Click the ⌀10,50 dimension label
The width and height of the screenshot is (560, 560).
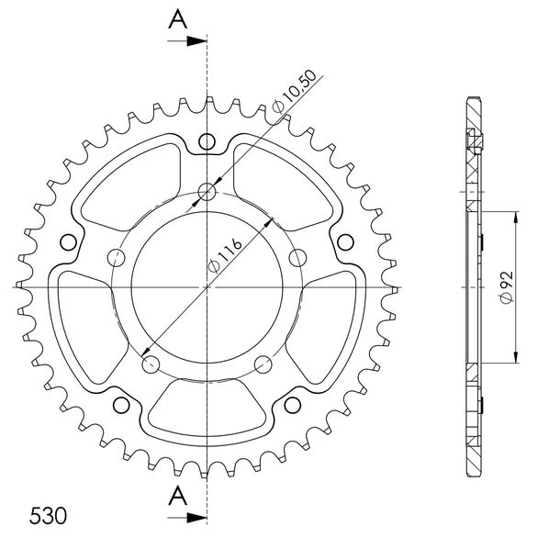point(295,91)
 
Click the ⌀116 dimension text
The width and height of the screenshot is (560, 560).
point(225,255)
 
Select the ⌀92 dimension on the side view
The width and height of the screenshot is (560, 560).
point(507,287)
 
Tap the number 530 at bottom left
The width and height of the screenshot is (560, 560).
point(48,516)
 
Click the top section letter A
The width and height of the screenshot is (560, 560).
point(178,19)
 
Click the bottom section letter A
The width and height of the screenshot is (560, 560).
point(178,496)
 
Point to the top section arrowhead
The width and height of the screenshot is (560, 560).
point(196,41)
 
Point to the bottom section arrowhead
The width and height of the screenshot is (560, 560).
point(196,517)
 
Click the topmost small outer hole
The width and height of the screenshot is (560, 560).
point(207,141)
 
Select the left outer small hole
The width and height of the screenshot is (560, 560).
point(68,243)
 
